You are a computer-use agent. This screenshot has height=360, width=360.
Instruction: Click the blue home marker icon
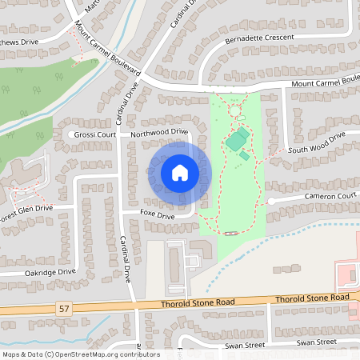(179, 172)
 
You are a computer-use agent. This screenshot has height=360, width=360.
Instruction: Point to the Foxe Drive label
(156, 216)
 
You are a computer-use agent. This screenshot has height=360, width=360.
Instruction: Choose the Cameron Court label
(329, 196)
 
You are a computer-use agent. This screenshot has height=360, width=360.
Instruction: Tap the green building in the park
(236, 142)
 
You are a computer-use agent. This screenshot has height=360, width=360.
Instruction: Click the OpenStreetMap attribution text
(80, 354)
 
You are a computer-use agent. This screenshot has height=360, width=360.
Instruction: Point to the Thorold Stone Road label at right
(314, 298)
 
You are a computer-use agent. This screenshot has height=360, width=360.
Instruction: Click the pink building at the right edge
(349, 276)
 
